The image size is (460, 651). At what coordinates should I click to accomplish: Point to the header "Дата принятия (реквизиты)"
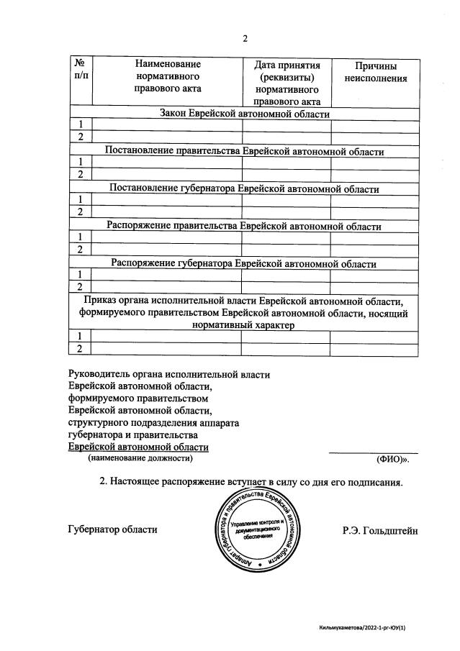(287, 71)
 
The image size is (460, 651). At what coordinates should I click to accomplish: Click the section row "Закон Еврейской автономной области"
(244, 114)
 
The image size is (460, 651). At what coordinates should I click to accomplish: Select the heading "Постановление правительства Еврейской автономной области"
(244, 151)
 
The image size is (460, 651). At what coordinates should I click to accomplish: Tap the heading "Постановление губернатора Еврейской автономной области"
(244, 188)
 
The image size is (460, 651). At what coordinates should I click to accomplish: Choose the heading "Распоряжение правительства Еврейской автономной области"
(244, 226)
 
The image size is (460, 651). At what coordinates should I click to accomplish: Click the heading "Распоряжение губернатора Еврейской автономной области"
(244, 263)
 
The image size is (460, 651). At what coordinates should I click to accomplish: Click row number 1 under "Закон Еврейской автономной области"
(81, 124)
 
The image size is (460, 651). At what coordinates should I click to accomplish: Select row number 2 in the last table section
(81, 349)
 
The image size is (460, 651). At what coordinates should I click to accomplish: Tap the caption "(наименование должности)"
(140, 458)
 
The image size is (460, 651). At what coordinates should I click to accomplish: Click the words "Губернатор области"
(112, 529)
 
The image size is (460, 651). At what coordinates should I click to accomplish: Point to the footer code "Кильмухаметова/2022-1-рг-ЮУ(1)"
(367, 628)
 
